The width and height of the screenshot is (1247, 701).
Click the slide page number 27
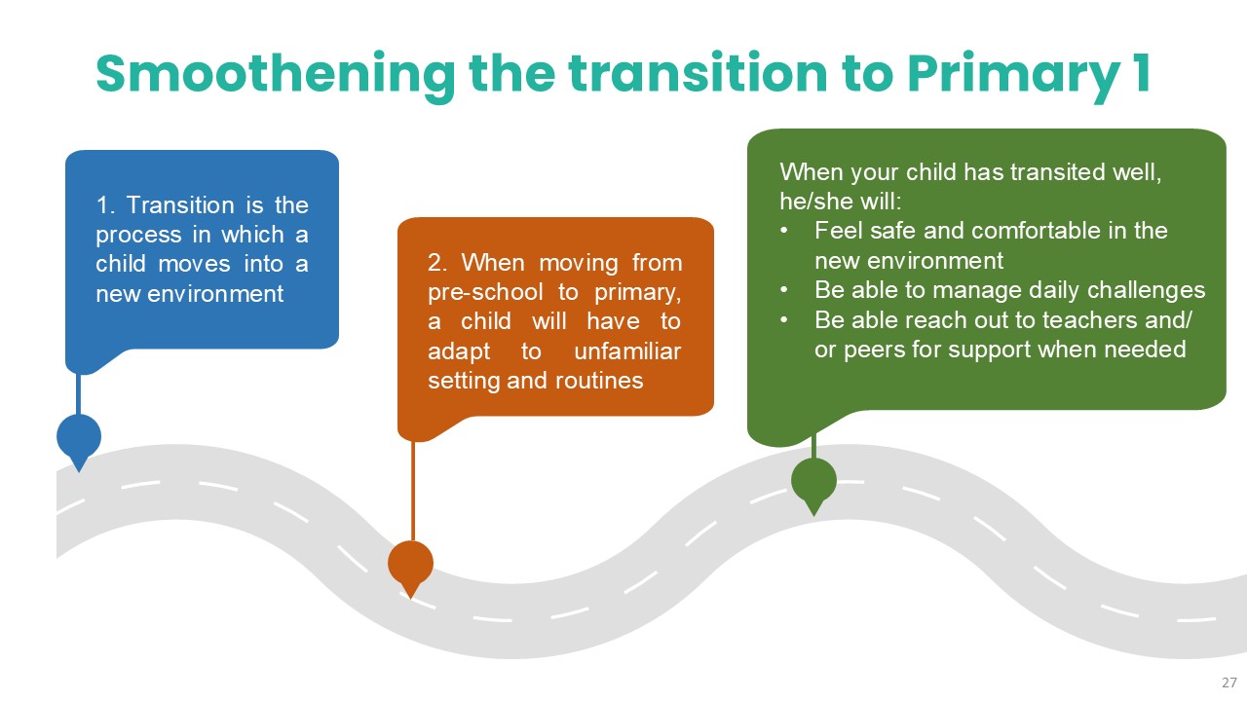pyautogui.click(x=1229, y=683)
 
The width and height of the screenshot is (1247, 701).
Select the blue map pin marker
pyautogui.click(x=79, y=441)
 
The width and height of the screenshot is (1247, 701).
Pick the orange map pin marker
pyautogui.click(x=410, y=568)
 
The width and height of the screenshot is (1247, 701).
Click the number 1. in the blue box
pyautogui.click(x=105, y=205)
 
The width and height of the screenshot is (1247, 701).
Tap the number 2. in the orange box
pyautogui.click(x=438, y=263)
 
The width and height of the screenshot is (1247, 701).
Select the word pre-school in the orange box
pyautogui.click(x=485, y=293)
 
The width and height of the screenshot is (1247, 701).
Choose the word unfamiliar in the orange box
pyautogui.click(x=627, y=351)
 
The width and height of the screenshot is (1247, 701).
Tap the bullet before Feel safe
pyautogui.click(x=784, y=231)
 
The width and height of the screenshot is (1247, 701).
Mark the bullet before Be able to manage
pyautogui.click(x=784, y=290)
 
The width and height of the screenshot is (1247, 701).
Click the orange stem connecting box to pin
pyautogui.click(x=412, y=491)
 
